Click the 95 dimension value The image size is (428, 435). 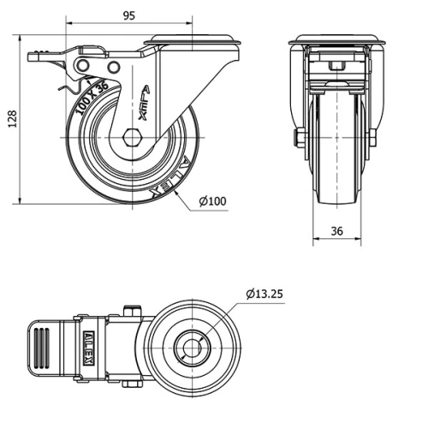[x=128, y=15]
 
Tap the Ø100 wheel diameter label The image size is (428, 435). [x=212, y=201]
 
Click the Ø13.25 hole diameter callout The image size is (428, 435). [x=264, y=294]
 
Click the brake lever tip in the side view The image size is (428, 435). [x=36, y=57]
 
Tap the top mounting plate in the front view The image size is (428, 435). [x=336, y=39]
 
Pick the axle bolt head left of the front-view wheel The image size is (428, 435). [x=300, y=140]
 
